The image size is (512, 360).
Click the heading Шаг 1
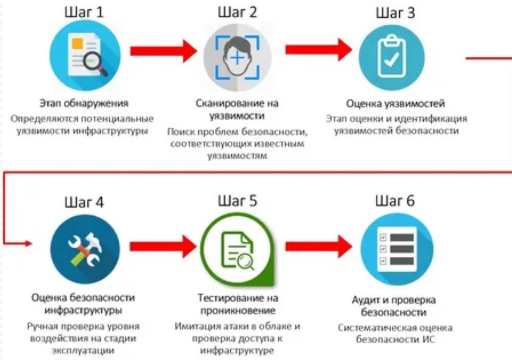point(85,12)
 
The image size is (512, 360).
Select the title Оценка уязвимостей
point(395,104)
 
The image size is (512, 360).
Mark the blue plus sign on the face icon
point(237,58)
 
